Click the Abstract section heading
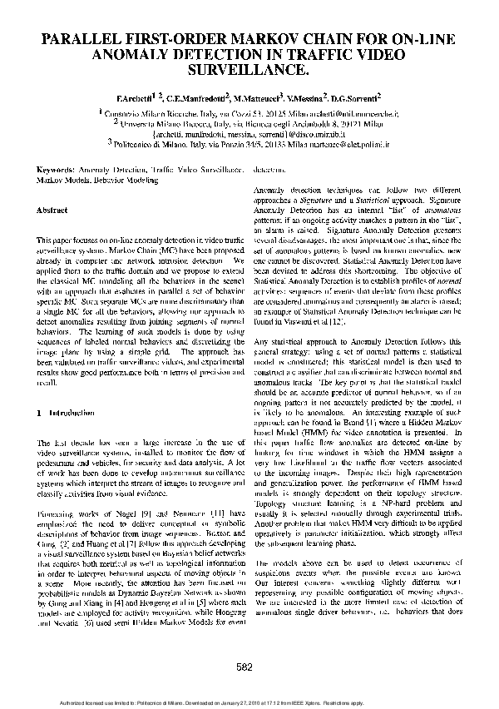coord(52,211)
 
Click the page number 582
coord(245,667)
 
